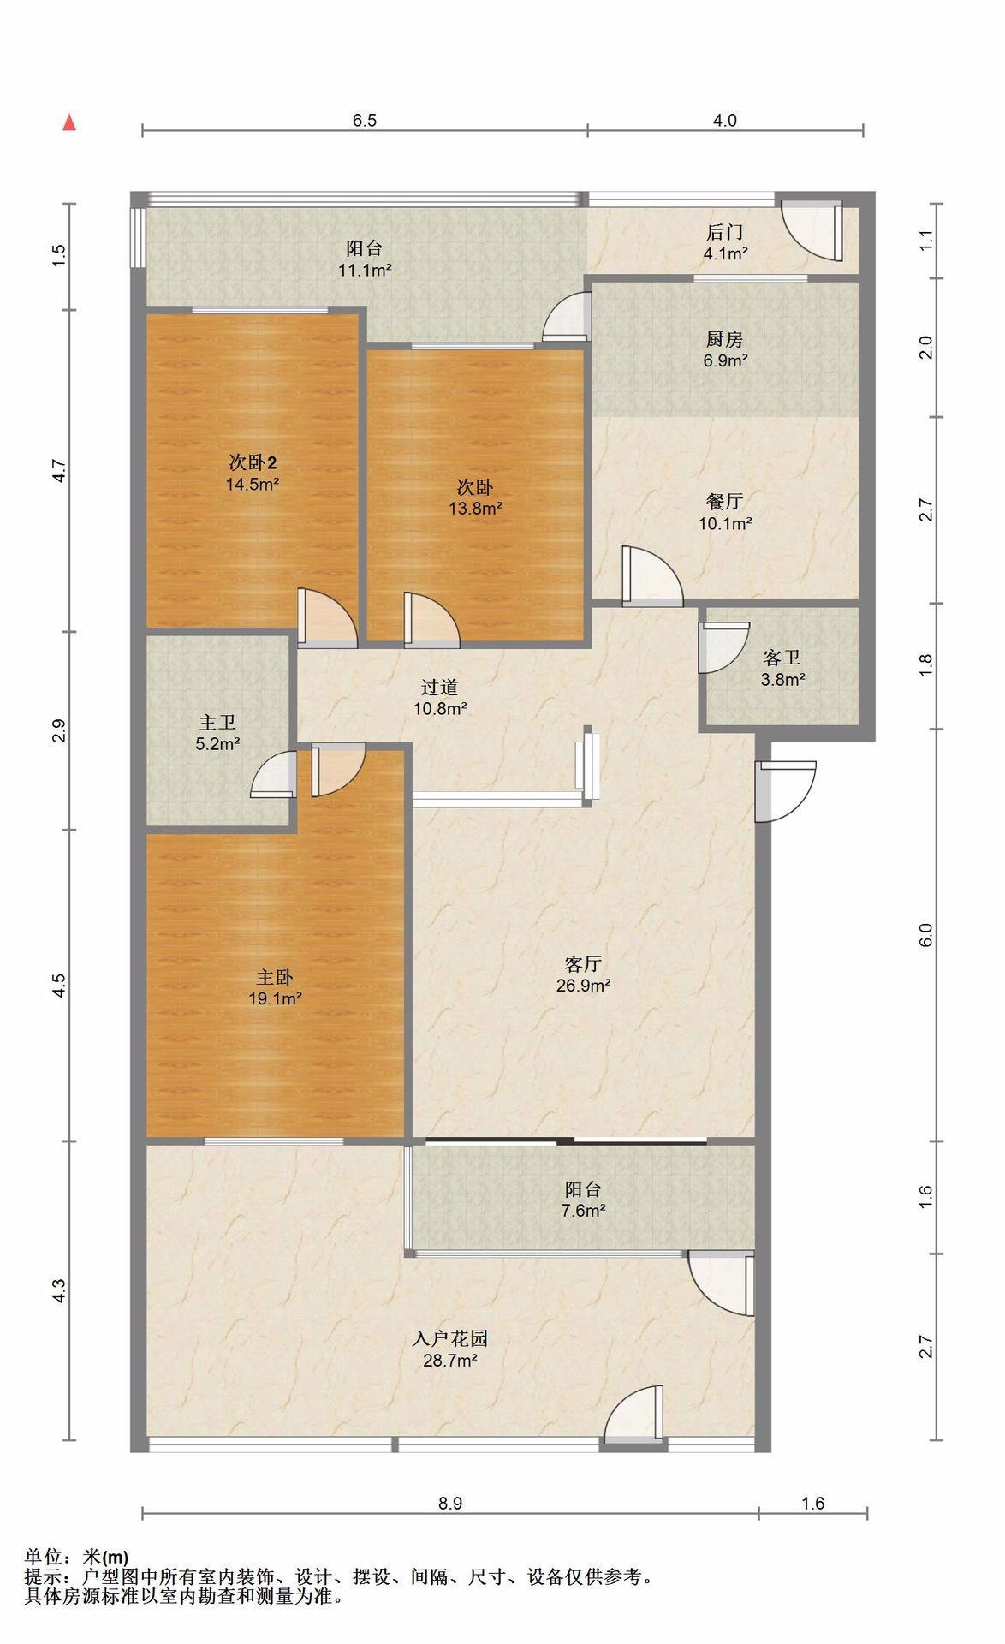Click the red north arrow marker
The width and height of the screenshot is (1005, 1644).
click(70, 122)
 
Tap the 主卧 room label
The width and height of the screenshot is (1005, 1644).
click(275, 977)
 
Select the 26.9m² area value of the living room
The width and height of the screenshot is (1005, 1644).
click(583, 986)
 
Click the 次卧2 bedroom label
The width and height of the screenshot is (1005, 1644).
click(253, 462)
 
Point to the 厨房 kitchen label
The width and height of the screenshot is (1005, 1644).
click(724, 339)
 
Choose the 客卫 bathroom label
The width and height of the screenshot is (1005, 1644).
click(782, 658)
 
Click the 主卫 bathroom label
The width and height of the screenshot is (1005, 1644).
click(217, 724)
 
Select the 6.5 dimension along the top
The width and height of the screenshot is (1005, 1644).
click(365, 121)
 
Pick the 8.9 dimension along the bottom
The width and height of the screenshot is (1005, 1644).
click(450, 1503)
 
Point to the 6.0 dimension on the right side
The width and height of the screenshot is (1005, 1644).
click(925, 935)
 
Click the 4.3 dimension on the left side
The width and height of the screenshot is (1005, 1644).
click(58, 1291)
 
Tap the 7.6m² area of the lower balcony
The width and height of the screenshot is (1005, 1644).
click(583, 1211)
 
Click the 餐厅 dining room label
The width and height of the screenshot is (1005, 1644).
click(724, 502)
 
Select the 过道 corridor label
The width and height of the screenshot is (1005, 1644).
click(440, 687)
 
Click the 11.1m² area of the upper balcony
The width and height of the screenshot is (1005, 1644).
click(365, 270)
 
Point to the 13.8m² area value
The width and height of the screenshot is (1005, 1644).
click(475, 509)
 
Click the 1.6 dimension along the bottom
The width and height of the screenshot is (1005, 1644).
click(812, 1503)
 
